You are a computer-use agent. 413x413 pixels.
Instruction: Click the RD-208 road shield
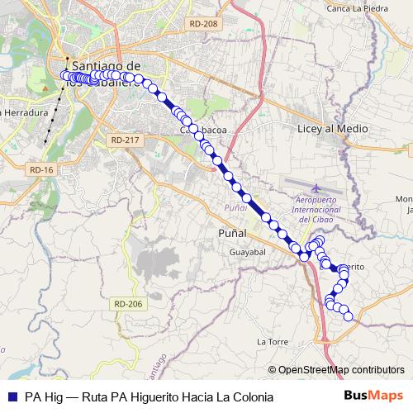202,24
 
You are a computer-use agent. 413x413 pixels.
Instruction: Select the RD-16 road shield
40,169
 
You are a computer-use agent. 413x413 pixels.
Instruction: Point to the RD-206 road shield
129,304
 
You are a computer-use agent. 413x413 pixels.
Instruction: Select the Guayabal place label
247,249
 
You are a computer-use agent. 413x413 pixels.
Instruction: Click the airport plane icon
318,188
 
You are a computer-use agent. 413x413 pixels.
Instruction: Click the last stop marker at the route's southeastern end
348,316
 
